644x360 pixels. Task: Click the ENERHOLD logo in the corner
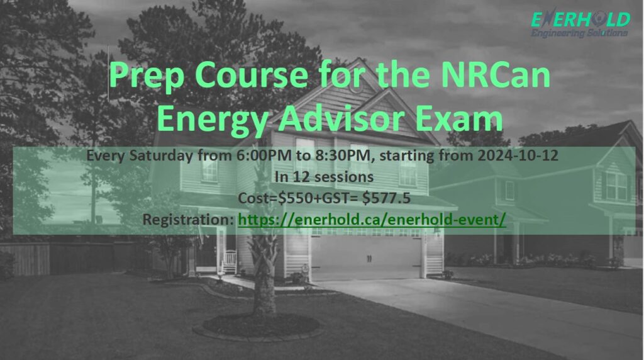pos(579,20)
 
